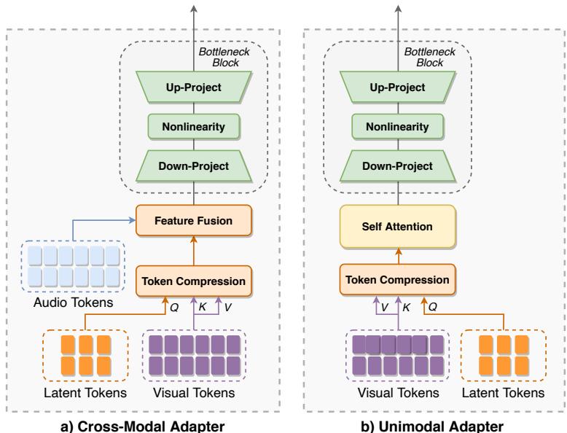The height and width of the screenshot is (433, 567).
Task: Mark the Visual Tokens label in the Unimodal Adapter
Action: [x=397, y=393]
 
